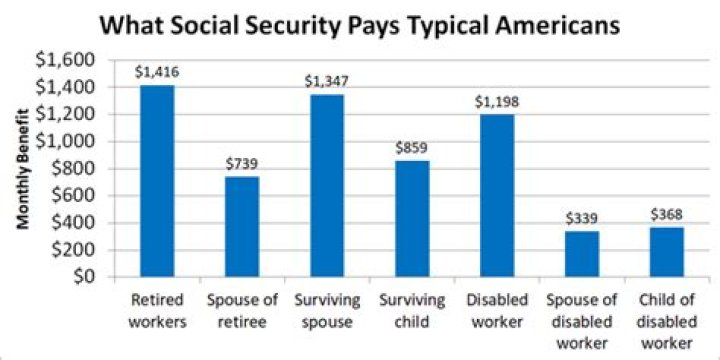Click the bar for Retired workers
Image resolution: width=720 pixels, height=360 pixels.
(x=157, y=180)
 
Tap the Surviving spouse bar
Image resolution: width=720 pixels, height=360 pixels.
(x=327, y=185)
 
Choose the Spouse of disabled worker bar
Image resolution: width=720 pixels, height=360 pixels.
(x=581, y=254)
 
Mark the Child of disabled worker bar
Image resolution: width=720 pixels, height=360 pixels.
(x=666, y=252)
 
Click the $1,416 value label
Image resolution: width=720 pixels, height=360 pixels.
(x=157, y=72)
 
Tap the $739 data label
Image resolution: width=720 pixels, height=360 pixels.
(x=242, y=163)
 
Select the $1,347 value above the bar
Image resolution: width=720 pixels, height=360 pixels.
(x=327, y=81)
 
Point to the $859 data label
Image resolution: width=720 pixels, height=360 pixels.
(x=411, y=147)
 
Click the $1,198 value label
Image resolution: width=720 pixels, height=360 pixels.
(x=496, y=101)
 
